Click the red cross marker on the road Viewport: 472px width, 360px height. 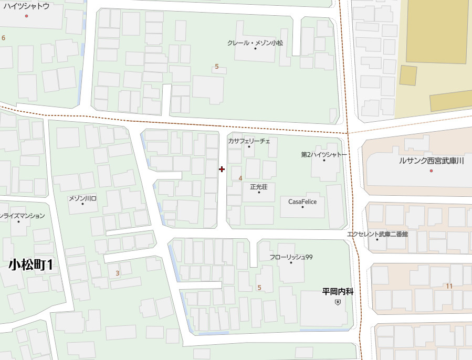point(222,169)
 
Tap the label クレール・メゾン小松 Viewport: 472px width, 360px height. point(255,43)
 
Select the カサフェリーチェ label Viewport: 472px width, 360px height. point(249,141)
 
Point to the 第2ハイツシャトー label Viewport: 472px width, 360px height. point(324,155)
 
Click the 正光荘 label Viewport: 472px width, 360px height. point(259,186)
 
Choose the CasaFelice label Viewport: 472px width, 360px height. point(302,202)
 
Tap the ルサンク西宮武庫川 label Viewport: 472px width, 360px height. point(431,161)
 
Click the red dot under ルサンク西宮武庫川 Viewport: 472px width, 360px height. point(432,171)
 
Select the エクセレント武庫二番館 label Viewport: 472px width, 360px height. point(377,234)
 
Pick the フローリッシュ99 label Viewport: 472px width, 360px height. point(291,257)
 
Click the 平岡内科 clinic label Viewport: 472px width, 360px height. point(338,292)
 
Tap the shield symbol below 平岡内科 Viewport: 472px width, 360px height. point(338,302)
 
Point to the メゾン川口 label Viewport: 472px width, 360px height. point(82,198)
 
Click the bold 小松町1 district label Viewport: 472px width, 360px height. point(31,265)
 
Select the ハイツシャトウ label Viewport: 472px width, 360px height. point(26,6)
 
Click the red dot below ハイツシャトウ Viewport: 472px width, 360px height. point(26,16)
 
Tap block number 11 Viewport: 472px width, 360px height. point(448,286)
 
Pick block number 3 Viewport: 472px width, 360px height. point(117,273)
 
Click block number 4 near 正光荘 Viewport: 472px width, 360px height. point(240,178)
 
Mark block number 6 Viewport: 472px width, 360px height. point(3,38)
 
